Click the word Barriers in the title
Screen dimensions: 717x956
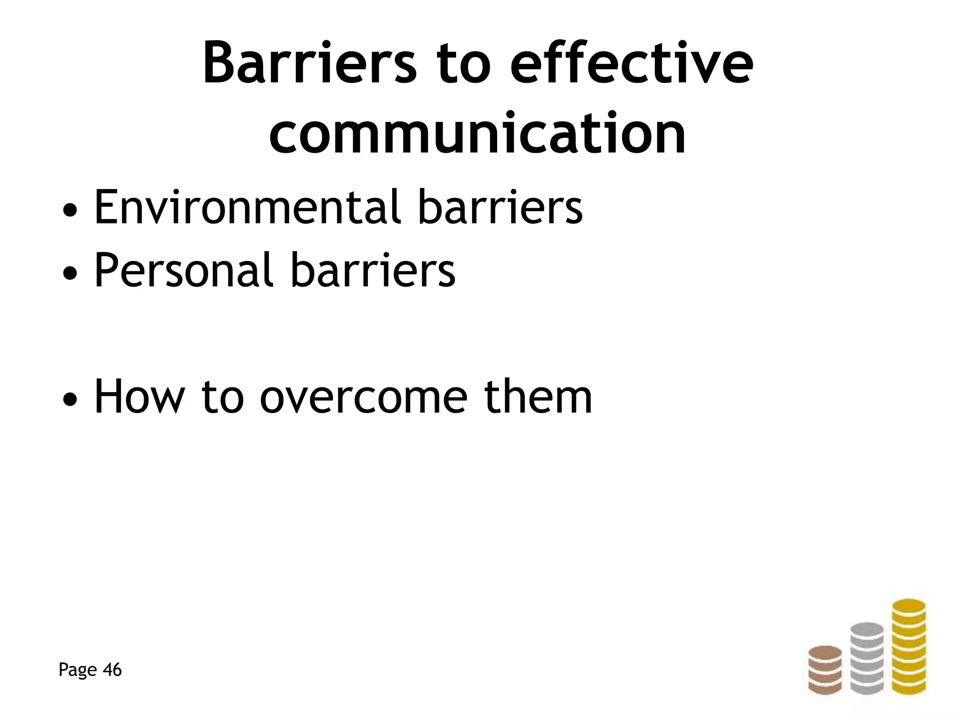point(309,63)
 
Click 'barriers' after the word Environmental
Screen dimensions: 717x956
point(500,207)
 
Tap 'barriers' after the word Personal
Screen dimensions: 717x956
point(373,270)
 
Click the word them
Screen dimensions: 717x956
point(538,397)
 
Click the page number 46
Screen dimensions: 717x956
point(112,670)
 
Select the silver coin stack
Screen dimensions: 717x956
point(867,658)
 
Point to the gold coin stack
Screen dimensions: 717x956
point(908,646)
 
